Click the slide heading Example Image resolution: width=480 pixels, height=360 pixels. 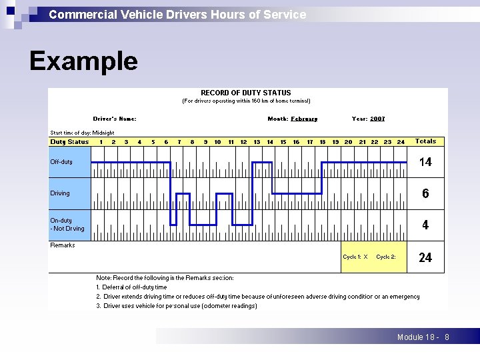point(83,61)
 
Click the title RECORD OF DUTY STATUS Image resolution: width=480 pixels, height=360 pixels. point(245,93)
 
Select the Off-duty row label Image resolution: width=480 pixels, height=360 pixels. point(61,162)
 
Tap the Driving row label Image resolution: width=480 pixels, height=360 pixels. point(60,193)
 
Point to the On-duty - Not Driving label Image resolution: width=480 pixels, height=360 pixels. point(67,225)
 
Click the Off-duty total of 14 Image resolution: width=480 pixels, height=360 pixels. point(425,162)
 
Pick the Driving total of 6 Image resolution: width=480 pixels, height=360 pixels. point(425,193)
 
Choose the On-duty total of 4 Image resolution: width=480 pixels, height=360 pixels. point(425,225)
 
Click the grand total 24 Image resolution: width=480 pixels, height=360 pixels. point(425,257)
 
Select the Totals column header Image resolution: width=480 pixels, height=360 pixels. point(425,141)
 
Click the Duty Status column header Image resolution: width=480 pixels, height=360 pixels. point(69,142)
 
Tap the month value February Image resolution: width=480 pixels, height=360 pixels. point(304,119)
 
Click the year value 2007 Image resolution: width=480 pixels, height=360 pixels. point(377,119)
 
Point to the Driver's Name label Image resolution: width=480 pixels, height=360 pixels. point(115,119)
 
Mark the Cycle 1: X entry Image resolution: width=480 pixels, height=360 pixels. point(355,257)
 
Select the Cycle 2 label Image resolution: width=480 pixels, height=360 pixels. point(386,257)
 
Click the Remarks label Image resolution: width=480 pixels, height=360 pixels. point(63,245)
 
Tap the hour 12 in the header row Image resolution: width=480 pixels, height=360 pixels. point(244,142)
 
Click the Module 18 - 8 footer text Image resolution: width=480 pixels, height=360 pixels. point(423,337)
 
